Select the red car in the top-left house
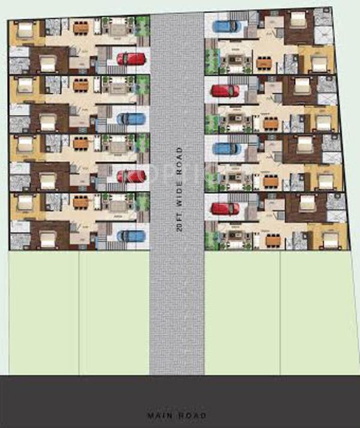pyautogui.click(x=130, y=59)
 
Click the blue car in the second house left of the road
pyautogui.click(x=130, y=118)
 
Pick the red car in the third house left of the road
pyautogui.click(x=130, y=176)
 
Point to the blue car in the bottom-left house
pyautogui.click(x=130, y=235)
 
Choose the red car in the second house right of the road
pyautogui.click(x=225, y=91)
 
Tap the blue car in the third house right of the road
pyautogui.click(x=225, y=149)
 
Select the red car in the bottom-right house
pyautogui.click(x=225, y=208)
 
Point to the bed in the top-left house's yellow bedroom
pyautogui.click(x=25, y=29)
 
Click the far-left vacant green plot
pyautogui.click(x=43, y=312)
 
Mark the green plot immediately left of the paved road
pyautogui.click(x=114, y=312)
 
